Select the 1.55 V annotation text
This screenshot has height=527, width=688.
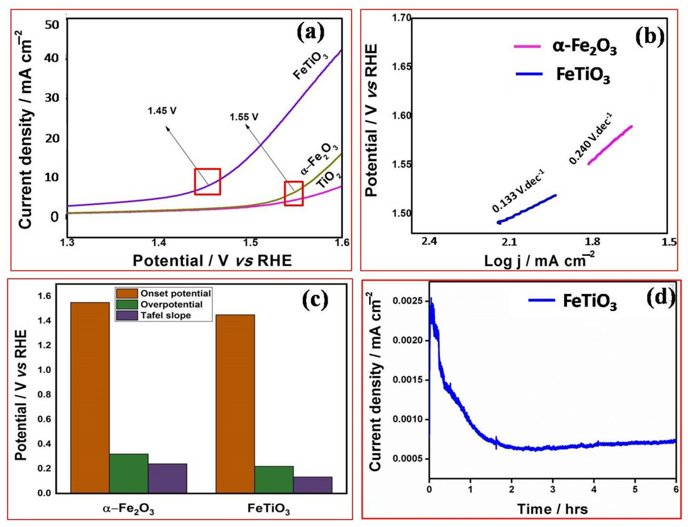[x=244, y=117]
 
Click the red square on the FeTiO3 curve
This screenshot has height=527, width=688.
[x=207, y=182]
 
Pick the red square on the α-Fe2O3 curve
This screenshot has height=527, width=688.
[x=294, y=194]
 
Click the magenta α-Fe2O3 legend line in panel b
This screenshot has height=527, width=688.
[x=527, y=46]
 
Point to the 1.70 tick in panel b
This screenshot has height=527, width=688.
[x=401, y=18]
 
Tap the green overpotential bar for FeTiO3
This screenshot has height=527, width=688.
[x=274, y=479]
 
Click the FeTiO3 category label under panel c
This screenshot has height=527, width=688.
[x=268, y=508]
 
